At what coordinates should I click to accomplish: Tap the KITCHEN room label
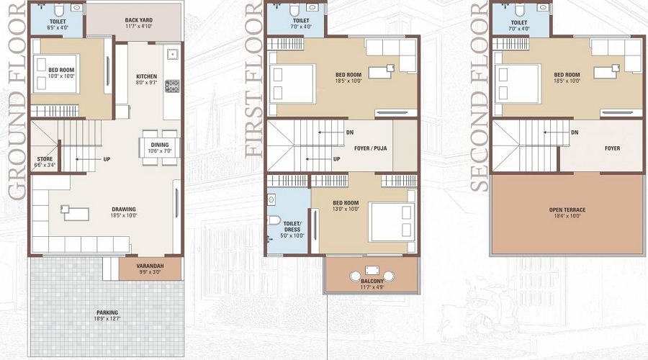[146, 76]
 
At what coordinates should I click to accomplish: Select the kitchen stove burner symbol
[172, 86]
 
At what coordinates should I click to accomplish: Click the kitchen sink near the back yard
[172, 54]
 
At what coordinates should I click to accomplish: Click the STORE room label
[44, 159]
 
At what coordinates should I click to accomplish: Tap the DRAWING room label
[123, 210]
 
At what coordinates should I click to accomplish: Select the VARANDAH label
[151, 266]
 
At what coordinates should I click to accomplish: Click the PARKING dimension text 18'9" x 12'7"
[107, 319]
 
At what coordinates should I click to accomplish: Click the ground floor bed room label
[61, 70]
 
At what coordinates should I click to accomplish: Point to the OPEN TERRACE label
[567, 210]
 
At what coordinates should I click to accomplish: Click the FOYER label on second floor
[612, 148]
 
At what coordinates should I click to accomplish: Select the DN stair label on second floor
[574, 132]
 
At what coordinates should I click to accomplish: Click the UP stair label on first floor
[336, 159]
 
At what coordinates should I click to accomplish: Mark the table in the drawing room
[75, 212]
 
